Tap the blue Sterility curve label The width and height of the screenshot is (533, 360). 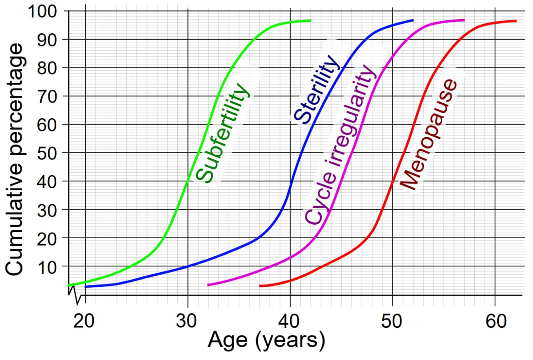(x=316, y=89)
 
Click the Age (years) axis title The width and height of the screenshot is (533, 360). (x=266, y=340)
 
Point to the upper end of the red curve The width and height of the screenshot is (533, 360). (x=516, y=21)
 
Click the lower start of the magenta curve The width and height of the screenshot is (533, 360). (x=208, y=285)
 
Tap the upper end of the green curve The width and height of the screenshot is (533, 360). (x=310, y=20)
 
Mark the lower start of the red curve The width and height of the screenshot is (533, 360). (x=260, y=286)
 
